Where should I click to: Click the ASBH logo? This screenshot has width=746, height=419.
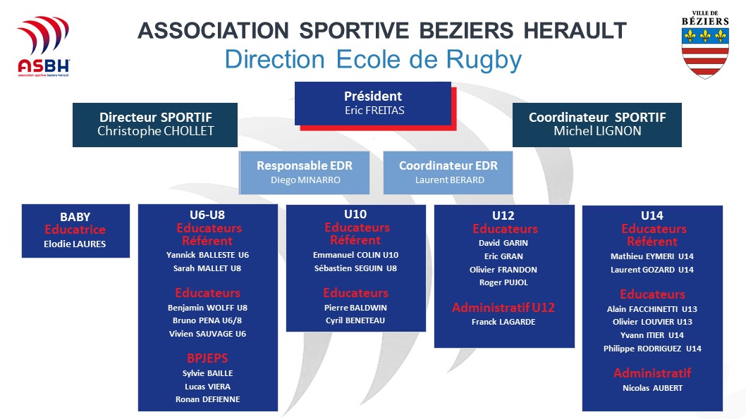point(43,46)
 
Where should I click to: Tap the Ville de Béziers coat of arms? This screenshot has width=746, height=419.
point(705,46)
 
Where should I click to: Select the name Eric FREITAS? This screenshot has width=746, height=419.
point(374,111)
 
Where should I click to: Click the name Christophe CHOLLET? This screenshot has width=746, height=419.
point(156,131)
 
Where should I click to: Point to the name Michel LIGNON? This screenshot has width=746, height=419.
point(597,131)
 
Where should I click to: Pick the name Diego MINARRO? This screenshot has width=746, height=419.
point(305,180)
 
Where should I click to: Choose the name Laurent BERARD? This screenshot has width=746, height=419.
point(450,180)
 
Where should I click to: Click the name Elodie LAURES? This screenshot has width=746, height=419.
point(75,244)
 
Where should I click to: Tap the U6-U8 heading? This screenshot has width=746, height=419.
point(207,215)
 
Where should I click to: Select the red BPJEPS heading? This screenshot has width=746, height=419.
point(207,358)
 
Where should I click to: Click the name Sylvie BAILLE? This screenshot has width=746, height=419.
point(207,373)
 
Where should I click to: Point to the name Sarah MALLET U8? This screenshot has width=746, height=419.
point(207,268)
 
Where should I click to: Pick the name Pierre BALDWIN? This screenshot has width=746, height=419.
point(355,308)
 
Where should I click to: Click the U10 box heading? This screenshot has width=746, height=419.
point(355,214)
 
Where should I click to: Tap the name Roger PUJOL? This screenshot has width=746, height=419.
point(503,282)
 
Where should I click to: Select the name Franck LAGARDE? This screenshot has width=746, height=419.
point(503,322)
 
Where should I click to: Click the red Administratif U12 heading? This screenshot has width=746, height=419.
point(503,307)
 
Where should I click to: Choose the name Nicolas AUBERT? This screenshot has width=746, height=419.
point(652,388)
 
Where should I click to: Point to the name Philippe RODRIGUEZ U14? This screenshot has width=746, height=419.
point(652,349)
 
